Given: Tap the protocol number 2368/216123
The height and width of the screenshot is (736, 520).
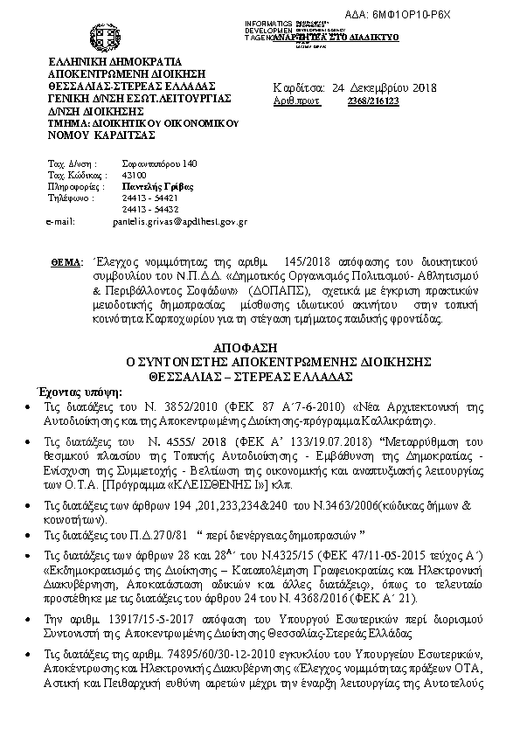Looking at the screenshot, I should pyautogui.click(x=374, y=102).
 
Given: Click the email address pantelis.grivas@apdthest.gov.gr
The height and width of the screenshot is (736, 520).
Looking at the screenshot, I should pyautogui.click(x=180, y=222).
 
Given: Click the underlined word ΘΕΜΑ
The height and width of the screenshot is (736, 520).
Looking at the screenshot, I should pyautogui.click(x=66, y=262).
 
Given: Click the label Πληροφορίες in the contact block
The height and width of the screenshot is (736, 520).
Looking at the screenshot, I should pyautogui.click(x=71, y=186).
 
